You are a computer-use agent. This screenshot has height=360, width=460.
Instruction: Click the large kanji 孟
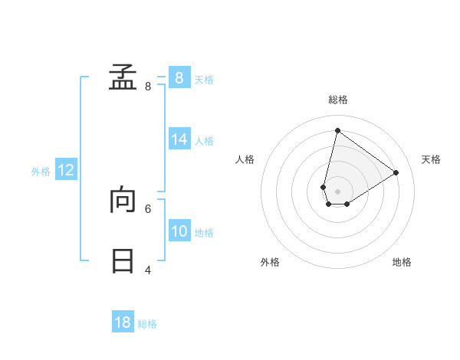[x=123, y=78]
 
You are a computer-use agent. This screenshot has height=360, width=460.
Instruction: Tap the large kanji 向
[x=123, y=201]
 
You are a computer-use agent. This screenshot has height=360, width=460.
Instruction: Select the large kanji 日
[x=123, y=261]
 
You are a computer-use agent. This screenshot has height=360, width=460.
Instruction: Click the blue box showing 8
[x=179, y=78]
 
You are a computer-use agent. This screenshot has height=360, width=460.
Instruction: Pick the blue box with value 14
[x=179, y=139]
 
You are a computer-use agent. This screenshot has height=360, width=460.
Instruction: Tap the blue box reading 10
[x=179, y=231]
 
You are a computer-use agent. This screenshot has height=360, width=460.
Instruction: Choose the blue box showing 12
[x=66, y=170]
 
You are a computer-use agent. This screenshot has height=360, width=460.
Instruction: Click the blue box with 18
[x=123, y=322]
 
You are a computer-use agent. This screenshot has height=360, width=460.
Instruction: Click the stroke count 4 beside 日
[x=148, y=270]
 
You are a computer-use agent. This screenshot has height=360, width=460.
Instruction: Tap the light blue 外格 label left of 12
[x=41, y=172]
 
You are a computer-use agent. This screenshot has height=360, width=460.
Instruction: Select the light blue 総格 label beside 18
[x=147, y=324]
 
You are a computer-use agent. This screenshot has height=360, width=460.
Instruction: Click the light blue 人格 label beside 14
[x=204, y=141]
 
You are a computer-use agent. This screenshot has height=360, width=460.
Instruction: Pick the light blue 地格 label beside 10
[x=204, y=233]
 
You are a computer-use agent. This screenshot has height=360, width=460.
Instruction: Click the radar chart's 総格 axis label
[x=337, y=100]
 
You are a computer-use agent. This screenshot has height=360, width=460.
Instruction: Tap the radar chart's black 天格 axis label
[x=431, y=159]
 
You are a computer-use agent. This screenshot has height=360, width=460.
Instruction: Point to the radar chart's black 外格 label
[x=270, y=262]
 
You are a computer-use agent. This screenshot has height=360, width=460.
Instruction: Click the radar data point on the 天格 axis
[x=396, y=172]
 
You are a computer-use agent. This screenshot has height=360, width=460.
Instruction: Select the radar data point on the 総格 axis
[x=337, y=130]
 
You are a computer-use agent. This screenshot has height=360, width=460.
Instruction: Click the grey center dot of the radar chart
[x=337, y=191]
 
